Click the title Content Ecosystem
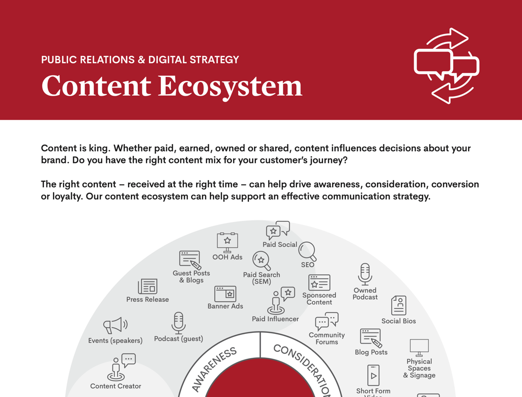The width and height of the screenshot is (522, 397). (x=171, y=86)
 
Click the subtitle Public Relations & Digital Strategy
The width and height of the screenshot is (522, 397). (x=140, y=60)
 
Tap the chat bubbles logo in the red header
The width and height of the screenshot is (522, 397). (x=446, y=66)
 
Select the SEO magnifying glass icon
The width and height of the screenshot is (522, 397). (x=307, y=252)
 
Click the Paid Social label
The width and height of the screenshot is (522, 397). (x=280, y=245)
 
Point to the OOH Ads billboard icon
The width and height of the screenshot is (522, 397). (x=227, y=242)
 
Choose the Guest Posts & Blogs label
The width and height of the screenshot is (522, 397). (x=191, y=277)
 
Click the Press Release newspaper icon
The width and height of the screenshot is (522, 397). (x=148, y=286)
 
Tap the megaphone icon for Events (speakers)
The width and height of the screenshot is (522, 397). (x=115, y=325)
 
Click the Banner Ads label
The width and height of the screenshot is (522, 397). (x=225, y=306)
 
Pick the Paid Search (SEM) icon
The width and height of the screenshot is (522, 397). (x=262, y=261)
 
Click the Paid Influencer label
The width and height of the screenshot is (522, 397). (x=275, y=319)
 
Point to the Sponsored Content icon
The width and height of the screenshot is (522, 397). (x=319, y=282)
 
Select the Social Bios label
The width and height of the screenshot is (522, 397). (x=398, y=321)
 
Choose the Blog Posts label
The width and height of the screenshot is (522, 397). (x=371, y=352)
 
